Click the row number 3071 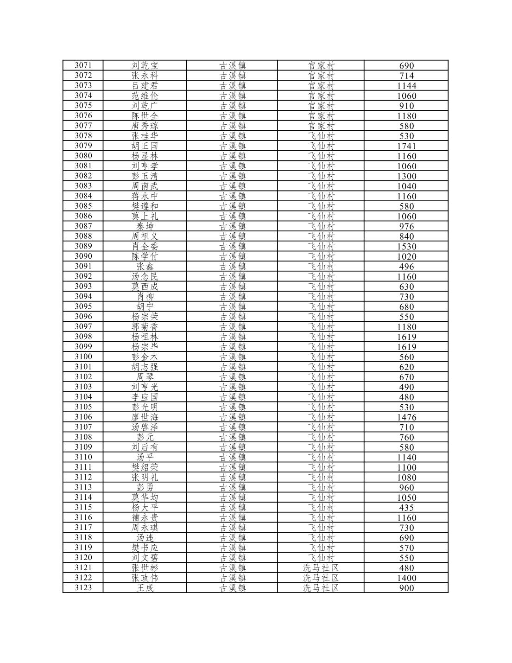point(83,65)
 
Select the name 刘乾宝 point(145,65)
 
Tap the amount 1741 point(406,146)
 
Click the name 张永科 point(145,76)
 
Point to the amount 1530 point(406,247)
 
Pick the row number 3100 point(83,357)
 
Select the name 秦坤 point(145,226)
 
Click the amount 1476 point(406,417)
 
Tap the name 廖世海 point(145,417)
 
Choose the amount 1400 point(406,578)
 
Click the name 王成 point(145,588)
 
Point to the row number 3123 point(83,588)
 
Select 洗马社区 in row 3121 point(321,568)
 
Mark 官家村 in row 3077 point(321,126)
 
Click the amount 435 point(406,508)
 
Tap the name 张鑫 point(145,267)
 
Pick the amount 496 point(406,267)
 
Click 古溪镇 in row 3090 point(232,256)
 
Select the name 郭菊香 point(145,327)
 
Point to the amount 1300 point(406,176)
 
